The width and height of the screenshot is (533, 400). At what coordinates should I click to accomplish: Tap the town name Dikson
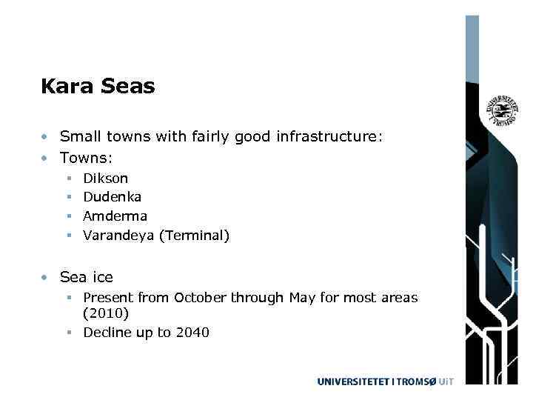105,178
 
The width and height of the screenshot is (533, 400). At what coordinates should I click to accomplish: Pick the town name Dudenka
112,197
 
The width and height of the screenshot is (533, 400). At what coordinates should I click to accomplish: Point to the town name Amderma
115,216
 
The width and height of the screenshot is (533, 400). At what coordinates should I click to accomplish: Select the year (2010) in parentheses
106,313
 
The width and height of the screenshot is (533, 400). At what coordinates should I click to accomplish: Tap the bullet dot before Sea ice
46,278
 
